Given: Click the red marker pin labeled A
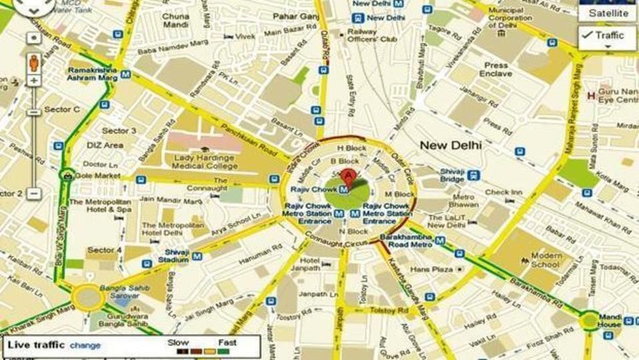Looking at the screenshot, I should [347, 176].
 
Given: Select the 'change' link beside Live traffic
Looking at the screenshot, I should [85, 345].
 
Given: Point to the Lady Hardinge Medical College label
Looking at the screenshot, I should [205, 162].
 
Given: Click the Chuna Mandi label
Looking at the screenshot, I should [176, 20].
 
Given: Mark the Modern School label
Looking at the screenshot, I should [546, 260].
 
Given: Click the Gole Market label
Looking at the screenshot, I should [97, 175].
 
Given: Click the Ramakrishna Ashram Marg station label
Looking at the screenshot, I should [92, 73].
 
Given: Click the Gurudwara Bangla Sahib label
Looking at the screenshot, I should [121, 319].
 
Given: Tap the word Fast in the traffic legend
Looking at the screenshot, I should [227, 342].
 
